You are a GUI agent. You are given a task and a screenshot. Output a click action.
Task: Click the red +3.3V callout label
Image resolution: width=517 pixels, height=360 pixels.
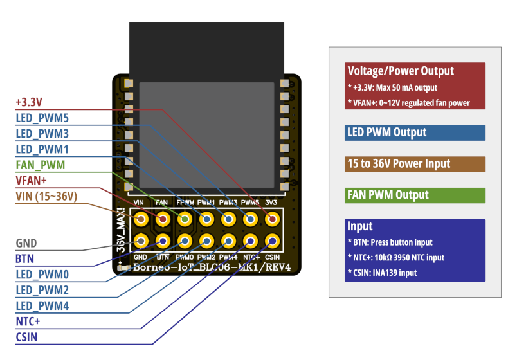29,102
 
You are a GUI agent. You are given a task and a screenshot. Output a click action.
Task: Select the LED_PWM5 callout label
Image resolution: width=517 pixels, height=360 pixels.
42,118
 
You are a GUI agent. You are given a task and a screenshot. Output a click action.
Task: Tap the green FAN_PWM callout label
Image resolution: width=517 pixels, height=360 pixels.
40,165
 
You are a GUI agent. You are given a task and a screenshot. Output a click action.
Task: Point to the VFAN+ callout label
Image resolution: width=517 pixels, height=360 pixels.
32,181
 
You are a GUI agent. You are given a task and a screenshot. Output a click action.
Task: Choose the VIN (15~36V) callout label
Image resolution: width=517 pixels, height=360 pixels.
46,196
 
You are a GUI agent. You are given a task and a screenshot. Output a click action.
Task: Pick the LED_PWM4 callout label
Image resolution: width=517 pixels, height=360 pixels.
42,306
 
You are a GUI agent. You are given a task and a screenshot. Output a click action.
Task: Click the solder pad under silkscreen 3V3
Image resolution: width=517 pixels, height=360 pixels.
272,220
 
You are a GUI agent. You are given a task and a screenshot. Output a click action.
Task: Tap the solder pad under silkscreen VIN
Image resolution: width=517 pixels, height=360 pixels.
141,220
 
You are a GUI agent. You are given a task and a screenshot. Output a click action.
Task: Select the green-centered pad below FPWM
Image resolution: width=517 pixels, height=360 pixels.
185,220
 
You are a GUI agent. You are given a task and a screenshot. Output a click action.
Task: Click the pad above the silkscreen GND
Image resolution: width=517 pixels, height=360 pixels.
141,242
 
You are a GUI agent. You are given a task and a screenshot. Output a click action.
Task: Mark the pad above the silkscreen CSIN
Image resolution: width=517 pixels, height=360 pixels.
272,242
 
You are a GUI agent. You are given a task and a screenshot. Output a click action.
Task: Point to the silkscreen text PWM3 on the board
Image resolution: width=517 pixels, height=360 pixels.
228,203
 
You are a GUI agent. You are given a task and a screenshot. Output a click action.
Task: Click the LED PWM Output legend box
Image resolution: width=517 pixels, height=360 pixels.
415,132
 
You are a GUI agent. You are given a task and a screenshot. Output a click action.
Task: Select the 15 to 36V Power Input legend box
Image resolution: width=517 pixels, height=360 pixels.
415,164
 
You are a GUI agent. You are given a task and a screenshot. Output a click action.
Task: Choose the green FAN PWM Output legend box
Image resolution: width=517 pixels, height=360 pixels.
415,195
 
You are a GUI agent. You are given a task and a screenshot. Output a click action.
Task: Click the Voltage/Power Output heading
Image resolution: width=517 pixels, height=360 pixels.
400,71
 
